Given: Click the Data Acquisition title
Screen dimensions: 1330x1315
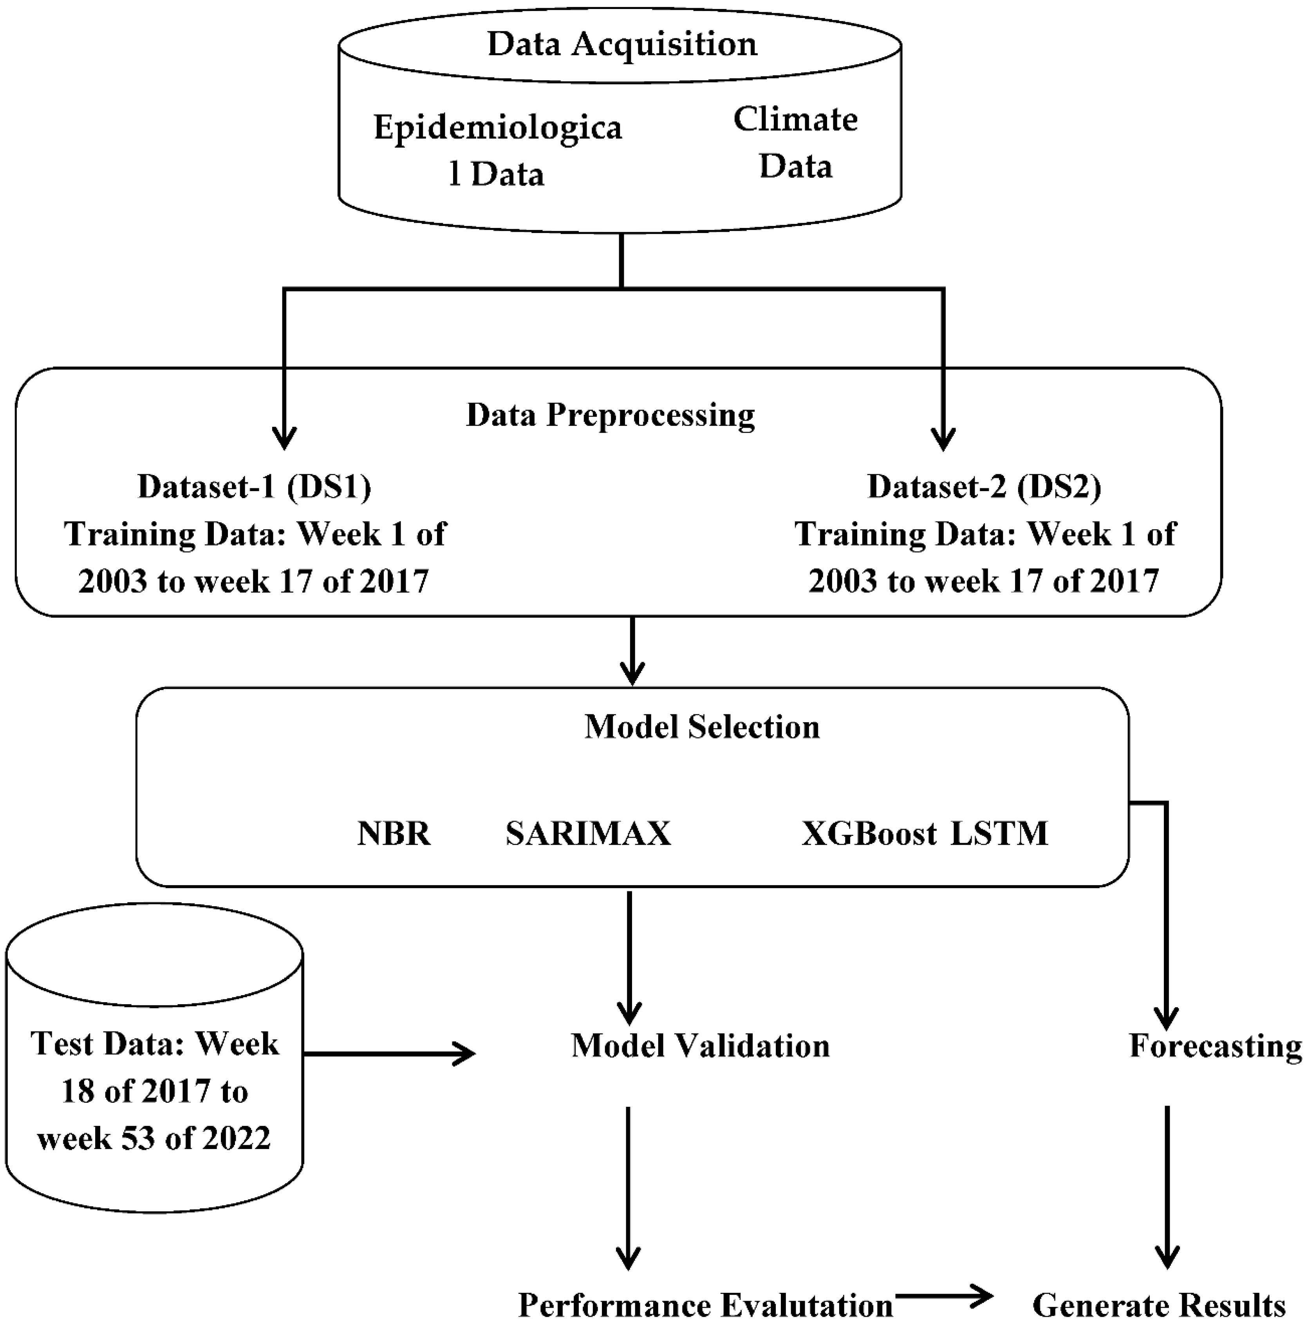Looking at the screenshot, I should pyautogui.click(x=622, y=44).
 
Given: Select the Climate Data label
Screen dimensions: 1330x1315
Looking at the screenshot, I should pyautogui.click(x=795, y=143).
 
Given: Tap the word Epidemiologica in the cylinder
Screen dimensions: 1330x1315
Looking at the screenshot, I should pyautogui.click(x=497, y=127).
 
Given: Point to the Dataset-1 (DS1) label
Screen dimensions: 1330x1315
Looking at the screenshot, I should pyautogui.click(x=254, y=487).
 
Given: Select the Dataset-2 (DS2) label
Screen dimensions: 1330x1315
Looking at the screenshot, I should pyautogui.click(x=984, y=487).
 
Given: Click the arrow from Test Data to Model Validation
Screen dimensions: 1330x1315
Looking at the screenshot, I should pyautogui.click(x=389, y=1053).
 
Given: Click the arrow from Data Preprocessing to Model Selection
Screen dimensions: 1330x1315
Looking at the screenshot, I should pyautogui.click(x=632, y=651).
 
